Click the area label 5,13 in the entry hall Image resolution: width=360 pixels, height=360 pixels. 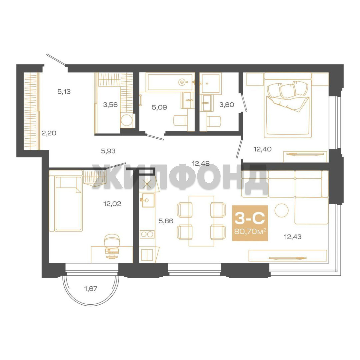click(64, 92)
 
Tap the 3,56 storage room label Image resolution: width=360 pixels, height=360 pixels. click(110, 105)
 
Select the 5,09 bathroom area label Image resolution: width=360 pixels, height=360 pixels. click(159, 107)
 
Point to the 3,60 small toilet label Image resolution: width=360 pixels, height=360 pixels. click(227, 105)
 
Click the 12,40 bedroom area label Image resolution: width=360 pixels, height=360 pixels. click(262, 149)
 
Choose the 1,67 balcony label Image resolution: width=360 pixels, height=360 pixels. click(91, 289)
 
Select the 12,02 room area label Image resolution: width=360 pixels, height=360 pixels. click(112, 204)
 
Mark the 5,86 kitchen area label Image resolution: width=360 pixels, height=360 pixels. click(166, 221)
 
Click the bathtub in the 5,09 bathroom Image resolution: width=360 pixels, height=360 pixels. click(170, 82)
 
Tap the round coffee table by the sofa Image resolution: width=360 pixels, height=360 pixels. click(282, 210)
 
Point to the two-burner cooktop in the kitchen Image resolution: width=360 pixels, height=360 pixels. click(147, 234)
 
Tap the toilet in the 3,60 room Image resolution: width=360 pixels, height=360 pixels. click(214, 121)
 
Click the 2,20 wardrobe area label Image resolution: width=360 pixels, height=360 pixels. click(49, 133)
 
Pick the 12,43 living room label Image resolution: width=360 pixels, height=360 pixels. click(293, 236)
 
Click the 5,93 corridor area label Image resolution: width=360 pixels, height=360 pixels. click(108, 151)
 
